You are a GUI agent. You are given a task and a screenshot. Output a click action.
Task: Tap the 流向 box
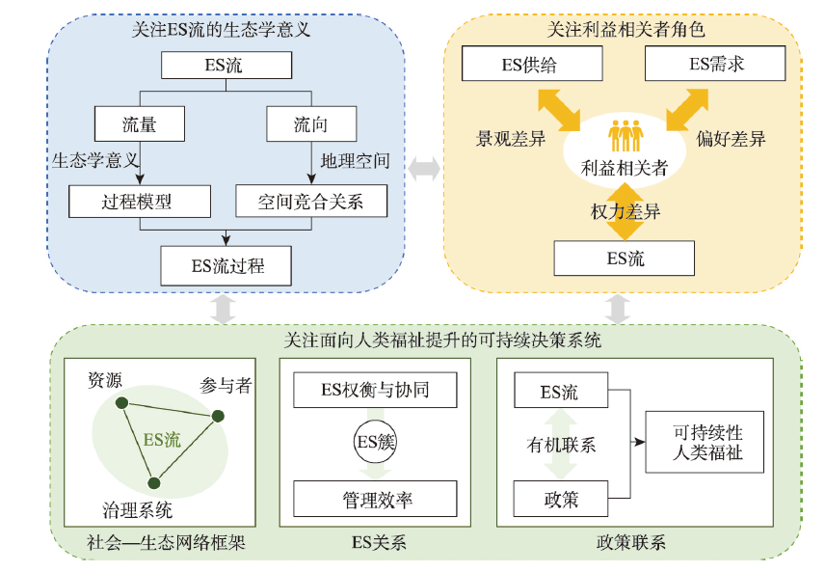[310, 124]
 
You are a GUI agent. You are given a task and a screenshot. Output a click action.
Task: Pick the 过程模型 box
[141, 201]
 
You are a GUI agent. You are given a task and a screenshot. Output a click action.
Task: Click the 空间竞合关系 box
[310, 201]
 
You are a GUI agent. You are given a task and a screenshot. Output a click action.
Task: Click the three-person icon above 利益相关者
[625, 135]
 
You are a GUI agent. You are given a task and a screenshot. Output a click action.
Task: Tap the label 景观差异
[511, 139]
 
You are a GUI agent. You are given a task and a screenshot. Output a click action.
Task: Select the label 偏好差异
[732, 139]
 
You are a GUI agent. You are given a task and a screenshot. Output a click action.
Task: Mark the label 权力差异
[625, 212]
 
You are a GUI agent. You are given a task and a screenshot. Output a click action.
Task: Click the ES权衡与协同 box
[374, 391]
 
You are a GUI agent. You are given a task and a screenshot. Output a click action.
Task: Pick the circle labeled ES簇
[375, 444]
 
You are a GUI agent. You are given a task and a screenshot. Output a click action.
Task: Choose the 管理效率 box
[374, 501]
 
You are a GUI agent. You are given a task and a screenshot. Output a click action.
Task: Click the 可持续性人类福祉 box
[708, 442]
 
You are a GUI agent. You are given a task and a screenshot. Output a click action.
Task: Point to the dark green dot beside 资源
[120, 403]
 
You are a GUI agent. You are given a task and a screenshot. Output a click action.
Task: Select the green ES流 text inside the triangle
[162, 440]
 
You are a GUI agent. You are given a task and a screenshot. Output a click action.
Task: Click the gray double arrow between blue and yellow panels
[424, 169]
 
